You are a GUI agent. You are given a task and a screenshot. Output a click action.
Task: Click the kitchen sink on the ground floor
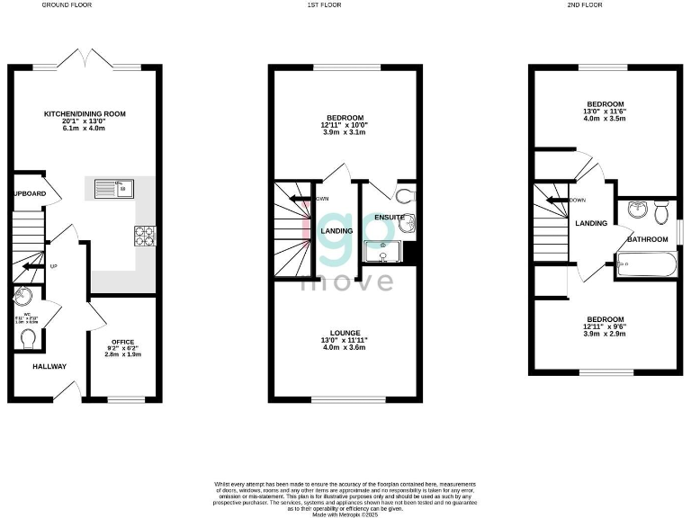click(x=113, y=188)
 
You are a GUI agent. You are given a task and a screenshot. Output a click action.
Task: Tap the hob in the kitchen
click(x=144, y=235)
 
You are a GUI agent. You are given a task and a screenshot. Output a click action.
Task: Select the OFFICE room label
click(x=122, y=342)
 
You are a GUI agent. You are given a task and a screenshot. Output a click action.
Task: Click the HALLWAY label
click(x=50, y=366)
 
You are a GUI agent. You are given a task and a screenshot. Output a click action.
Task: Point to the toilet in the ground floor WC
click(x=29, y=338)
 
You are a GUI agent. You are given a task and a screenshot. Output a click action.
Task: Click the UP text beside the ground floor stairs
click(x=53, y=266)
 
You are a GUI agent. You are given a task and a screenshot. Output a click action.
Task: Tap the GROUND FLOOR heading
click(x=67, y=4)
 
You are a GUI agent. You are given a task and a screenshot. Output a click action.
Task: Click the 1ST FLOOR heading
click(x=345, y=4)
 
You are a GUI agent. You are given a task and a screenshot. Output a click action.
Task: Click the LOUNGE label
click(x=345, y=333)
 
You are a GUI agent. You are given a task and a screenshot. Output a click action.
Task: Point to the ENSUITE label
click(x=390, y=218)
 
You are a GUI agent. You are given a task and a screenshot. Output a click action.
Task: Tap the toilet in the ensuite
click(x=403, y=195)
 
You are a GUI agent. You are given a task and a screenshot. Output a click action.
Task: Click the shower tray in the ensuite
click(x=384, y=254)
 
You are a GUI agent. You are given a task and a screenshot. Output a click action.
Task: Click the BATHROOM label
click(x=647, y=239)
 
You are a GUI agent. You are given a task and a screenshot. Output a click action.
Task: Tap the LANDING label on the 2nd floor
click(x=592, y=223)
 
